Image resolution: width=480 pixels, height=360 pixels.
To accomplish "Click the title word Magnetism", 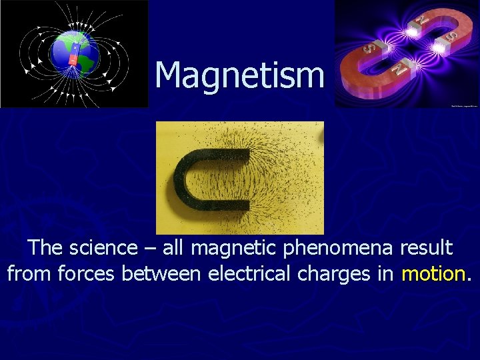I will click(239, 75).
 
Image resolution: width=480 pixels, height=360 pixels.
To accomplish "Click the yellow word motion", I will click(433, 273).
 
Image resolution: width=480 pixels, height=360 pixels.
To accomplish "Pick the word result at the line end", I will click(426, 248).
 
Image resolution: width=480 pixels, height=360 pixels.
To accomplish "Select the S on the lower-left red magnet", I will click(367, 49).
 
